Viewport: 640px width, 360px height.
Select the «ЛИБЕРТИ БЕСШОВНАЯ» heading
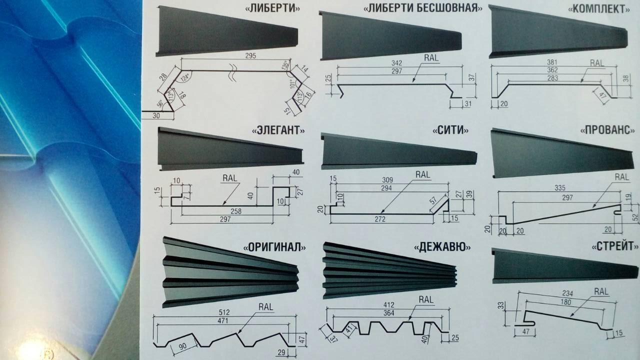tap(423, 8)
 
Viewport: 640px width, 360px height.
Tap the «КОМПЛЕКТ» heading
tap(606, 8)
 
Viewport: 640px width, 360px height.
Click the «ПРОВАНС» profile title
tap(606, 130)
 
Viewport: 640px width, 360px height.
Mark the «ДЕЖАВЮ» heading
tap(440, 246)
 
